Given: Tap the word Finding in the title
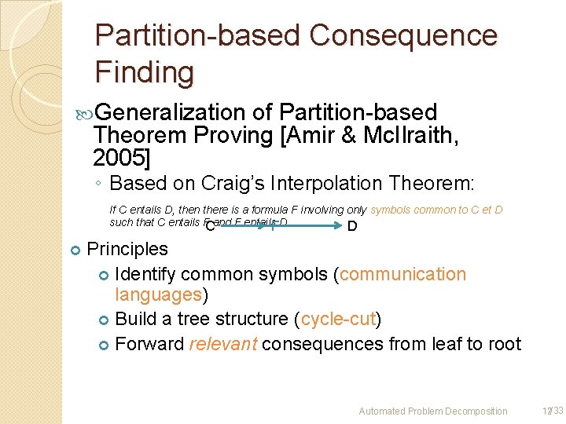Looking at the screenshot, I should coord(144,72).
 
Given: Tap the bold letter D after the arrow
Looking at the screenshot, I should coord(352,227).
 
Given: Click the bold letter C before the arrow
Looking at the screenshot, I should coord(210,227).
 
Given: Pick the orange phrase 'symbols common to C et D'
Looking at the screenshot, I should coord(436,210).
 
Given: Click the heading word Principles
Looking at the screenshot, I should coord(127,249).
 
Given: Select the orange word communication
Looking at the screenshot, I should coord(402,274).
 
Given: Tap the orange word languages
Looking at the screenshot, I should coord(158,294).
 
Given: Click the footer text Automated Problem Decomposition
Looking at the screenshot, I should coord(432,411).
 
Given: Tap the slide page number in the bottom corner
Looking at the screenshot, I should coord(547,411).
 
